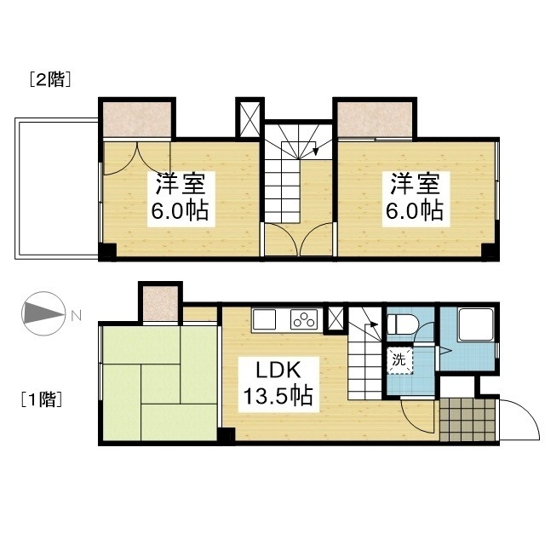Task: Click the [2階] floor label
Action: pos(51,79)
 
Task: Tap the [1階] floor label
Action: pos(42,399)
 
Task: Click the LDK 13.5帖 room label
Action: pos(278,384)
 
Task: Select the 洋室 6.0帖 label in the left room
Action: pos(181,198)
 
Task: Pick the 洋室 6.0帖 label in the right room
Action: pos(416,198)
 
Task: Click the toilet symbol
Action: pos(403,324)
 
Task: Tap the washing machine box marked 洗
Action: pos(399,360)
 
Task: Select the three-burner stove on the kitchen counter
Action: pos(304,319)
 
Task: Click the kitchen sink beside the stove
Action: pos(264,319)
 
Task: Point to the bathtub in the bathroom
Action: pos(476,324)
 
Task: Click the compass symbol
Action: pos(43,313)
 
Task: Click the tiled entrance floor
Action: pos(467,420)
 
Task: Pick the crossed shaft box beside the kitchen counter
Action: pos(335,319)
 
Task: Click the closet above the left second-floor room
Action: pos(137,119)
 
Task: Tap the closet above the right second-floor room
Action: pos(375,119)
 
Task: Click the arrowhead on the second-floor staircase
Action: pos(316,152)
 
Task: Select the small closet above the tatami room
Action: pos(161,303)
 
